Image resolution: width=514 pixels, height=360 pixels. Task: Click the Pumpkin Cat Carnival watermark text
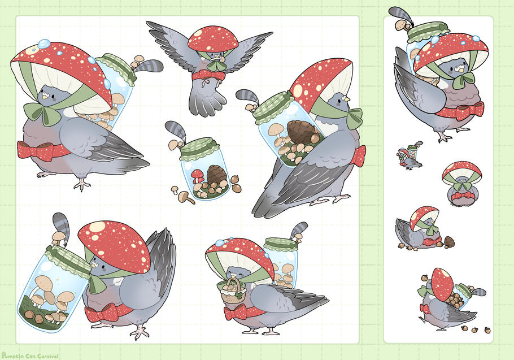pos(30,355)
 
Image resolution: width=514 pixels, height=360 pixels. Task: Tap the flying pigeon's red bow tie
pos(209,76)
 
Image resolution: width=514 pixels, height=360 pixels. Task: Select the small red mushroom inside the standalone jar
pos(197,175)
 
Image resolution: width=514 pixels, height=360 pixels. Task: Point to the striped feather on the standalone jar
pos(176,131)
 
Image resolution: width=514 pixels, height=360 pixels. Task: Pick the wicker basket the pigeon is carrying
pos(233,290)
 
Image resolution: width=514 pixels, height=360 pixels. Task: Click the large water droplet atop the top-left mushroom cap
pos(44,43)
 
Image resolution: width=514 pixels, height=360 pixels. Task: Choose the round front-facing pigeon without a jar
pos(461,184)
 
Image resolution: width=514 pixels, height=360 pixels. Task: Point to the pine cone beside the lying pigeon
pos(449,241)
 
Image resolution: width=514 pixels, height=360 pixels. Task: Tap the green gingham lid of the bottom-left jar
pos(68,259)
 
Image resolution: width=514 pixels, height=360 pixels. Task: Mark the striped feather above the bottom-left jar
pos(62,227)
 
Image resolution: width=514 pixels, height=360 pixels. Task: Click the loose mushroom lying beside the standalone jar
pos(186,197)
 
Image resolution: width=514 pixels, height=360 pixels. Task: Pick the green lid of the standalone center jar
pos(199,148)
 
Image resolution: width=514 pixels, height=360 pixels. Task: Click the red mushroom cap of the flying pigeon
pos(213,38)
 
